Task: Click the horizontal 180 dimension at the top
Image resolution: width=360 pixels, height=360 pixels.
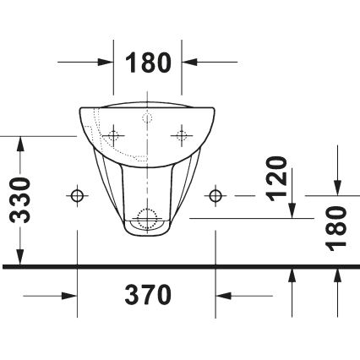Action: point(149,62)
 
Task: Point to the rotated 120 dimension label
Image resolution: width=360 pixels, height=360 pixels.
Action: point(277,178)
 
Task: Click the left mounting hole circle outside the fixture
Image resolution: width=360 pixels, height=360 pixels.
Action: point(78,196)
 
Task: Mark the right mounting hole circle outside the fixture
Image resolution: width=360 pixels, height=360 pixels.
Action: point(217,196)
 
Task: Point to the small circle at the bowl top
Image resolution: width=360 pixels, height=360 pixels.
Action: point(149,114)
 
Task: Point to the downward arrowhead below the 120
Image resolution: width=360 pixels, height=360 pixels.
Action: point(293,210)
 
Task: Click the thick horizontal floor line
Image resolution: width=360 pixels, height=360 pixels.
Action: point(180,266)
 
